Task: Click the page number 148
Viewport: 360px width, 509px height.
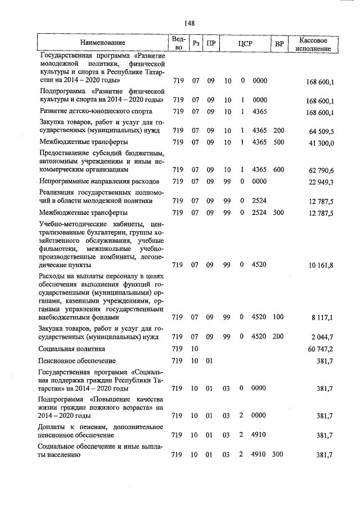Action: pos(189,22)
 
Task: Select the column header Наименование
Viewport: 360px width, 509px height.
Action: pos(102,43)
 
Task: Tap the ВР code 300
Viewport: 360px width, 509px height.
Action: pos(278,454)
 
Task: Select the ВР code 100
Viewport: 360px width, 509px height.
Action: pos(278,317)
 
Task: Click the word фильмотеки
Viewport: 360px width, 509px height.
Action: pos(60,248)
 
